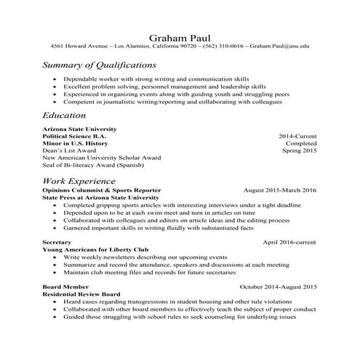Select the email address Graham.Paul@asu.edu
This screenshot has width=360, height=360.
(280, 46)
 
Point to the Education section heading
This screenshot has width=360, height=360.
(64, 115)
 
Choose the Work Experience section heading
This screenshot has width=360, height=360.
(79, 180)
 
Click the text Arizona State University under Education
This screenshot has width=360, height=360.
(79, 129)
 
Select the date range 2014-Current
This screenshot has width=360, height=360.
(297, 136)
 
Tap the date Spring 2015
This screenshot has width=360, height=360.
(300, 151)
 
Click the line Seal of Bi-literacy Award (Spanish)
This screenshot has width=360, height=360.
(92, 164)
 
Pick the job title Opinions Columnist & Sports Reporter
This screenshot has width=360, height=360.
(102, 190)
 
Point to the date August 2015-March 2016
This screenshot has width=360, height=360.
(280, 190)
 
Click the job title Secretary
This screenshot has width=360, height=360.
(57, 241)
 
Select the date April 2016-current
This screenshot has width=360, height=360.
(289, 241)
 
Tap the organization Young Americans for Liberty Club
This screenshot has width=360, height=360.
(95, 249)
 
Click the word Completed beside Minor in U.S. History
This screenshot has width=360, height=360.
(300, 143)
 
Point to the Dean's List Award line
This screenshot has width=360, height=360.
(73, 151)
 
